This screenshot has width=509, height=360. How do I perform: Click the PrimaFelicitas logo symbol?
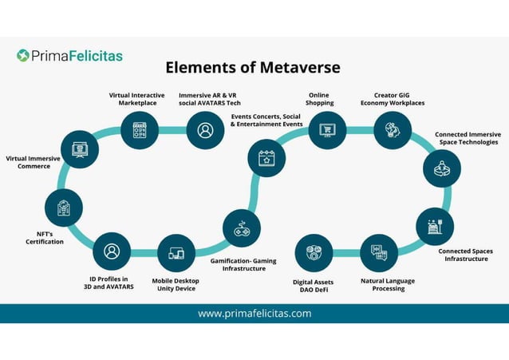[x=24, y=56]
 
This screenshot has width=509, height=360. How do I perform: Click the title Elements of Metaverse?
[x=253, y=67]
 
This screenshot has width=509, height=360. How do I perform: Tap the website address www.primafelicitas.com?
[x=254, y=313]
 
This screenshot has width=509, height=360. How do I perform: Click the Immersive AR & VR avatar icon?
[x=205, y=130]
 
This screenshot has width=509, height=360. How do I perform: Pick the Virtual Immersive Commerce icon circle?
[x=80, y=149]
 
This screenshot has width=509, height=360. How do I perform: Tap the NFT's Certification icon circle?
[x=64, y=208]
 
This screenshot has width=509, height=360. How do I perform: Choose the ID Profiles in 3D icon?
[x=112, y=251]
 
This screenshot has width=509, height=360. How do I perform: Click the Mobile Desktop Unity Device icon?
[x=176, y=254]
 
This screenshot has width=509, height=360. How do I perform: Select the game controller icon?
[x=241, y=228]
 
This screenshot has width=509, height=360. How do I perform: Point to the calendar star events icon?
[x=266, y=158]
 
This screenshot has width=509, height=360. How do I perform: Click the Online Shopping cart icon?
[x=327, y=130]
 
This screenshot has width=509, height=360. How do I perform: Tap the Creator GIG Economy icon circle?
[x=392, y=130]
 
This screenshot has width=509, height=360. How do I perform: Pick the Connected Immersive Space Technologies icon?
[x=441, y=168]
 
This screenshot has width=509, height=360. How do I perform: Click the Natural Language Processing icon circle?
[x=378, y=254]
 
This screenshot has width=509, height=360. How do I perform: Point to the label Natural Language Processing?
[x=389, y=285]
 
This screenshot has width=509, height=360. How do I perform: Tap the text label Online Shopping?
[x=320, y=99]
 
